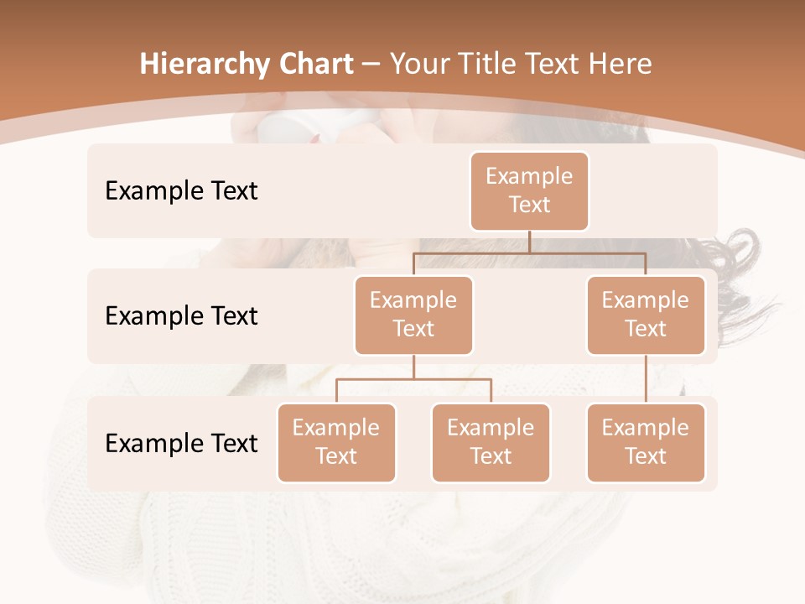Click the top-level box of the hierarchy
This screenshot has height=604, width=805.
(x=529, y=191)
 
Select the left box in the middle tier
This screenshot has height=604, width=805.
(x=413, y=315)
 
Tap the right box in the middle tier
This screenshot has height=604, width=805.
(x=646, y=315)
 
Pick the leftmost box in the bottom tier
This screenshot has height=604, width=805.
(x=336, y=443)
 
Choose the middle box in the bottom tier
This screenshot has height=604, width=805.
(x=491, y=443)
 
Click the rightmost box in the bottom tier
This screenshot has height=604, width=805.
(x=646, y=443)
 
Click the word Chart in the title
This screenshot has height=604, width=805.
(x=313, y=64)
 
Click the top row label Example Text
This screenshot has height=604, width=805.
(x=181, y=191)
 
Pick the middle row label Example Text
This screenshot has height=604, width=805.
(x=181, y=316)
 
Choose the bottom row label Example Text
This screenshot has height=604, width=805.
(x=181, y=444)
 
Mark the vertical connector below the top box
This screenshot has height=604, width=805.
(x=529, y=242)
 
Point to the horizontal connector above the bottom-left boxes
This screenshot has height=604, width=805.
(x=413, y=379)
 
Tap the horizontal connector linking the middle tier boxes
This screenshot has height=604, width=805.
(x=529, y=252)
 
